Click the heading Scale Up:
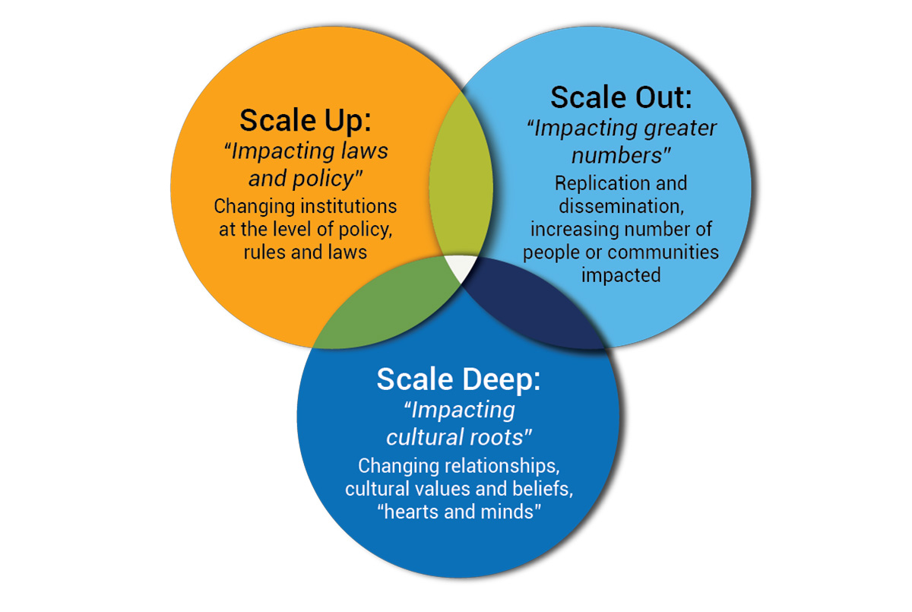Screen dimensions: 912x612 click(306, 121)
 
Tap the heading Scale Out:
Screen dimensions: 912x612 click(621, 98)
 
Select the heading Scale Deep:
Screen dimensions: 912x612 click(458, 379)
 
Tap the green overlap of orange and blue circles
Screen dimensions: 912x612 click(387, 309)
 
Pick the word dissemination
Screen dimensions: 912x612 click(621, 206)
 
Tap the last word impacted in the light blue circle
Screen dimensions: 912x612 click(621, 276)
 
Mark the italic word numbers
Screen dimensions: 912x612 click(618, 157)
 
